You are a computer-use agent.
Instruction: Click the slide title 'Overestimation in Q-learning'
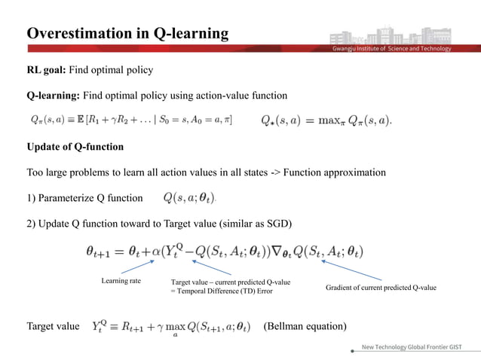[x=127, y=33]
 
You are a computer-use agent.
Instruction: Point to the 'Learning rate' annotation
[x=121, y=281]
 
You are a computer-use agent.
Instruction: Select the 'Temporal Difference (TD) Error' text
[x=223, y=290]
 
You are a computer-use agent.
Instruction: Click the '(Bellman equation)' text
[x=305, y=326]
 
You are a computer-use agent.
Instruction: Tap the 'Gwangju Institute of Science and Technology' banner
[x=392, y=49]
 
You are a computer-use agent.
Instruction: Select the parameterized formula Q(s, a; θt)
[x=188, y=198]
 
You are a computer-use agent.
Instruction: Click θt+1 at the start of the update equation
[x=101, y=252]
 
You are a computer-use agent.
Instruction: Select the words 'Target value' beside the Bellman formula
[x=53, y=326]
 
